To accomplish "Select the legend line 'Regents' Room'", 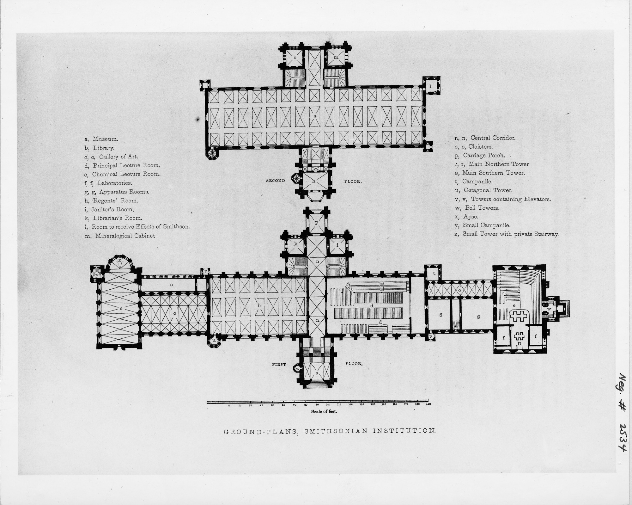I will click(x=111, y=200).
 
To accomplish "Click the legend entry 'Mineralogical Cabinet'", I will click(x=120, y=236).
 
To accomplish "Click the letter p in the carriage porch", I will click(x=317, y=222).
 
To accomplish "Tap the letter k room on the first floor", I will click(x=296, y=244).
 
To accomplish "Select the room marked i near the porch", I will click(x=337, y=244).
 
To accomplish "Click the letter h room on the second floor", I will click(x=314, y=181).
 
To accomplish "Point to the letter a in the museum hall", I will click(x=315, y=116).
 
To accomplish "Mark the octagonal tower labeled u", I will click(x=214, y=341).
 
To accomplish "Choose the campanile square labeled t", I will click(x=434, y=274).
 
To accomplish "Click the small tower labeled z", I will click(x=297, y=369).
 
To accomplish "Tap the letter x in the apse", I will click(x=119, y=260).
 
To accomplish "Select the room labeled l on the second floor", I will click(x=430, y=86).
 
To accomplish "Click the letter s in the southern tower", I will click(x=317, y=373).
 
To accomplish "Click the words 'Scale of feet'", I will click(x=324, y=411).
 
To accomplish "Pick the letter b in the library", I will click(x=259, y=305).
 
